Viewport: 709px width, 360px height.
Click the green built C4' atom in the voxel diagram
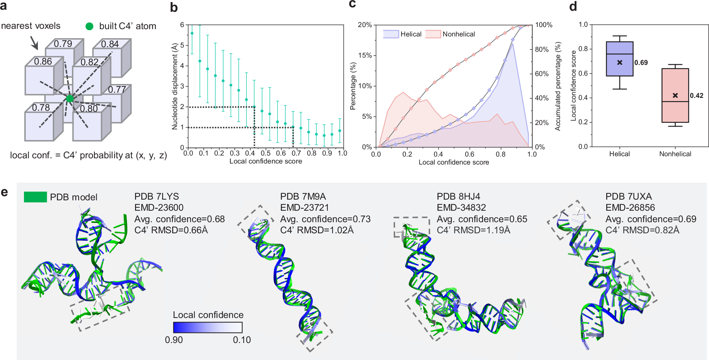[x=70, y=99]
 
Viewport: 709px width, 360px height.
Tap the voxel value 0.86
[x=43, y=61]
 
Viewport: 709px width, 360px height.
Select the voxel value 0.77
[x=117, y=90]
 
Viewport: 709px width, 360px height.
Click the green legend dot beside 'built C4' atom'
[x=90, y=26]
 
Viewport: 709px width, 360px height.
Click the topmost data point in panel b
[x=192, y=33]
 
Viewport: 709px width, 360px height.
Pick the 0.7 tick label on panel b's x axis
[x=296, y=153]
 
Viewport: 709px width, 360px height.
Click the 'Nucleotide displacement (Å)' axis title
[x=175, y=86]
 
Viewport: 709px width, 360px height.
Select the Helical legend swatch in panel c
[x=391, y=34]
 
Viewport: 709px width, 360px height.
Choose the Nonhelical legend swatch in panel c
[x=433, y=34]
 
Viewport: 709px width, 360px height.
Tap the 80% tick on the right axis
[x=542, y=49]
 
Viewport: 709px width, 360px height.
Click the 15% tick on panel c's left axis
[x=365, y=55]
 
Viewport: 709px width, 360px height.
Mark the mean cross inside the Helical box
[x=620, y=62]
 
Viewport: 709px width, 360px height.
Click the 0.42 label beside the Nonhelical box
[x=697, y=95]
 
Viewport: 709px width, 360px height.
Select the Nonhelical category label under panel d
[x=675, y=154]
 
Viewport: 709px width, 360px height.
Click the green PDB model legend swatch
[x=35, y=197]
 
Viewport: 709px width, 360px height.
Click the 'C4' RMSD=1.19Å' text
[x=473, y=230]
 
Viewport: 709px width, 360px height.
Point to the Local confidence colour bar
[x=208, y=327]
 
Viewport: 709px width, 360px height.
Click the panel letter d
[x=573, y=6]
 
